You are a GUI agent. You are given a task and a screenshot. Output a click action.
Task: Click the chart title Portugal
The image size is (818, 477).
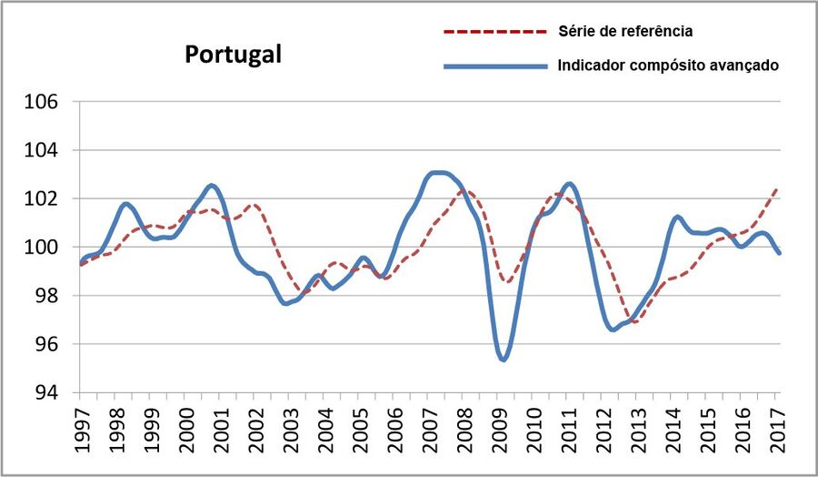pos(234,54)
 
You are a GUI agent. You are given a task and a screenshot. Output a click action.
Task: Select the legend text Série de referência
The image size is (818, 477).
pos(625,31)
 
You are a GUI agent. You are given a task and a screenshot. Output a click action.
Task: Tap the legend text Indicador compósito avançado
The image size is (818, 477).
pos(668,66)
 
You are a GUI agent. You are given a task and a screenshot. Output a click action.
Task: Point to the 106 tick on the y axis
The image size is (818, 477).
pos(41,102)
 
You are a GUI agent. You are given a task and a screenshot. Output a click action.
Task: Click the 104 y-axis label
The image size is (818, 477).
pos(41,150)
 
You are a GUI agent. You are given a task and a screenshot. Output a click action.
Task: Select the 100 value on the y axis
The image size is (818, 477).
pos(41,248)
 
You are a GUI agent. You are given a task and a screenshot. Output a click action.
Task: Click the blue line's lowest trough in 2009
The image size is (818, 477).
pos(503,360)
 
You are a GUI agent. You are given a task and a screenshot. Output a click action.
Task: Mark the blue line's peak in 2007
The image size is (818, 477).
pos(439,172)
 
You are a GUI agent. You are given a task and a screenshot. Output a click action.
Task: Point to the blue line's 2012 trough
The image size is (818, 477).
pos(613,330)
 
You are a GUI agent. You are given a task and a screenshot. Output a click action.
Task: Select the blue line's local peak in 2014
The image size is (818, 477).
pos(677,217)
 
